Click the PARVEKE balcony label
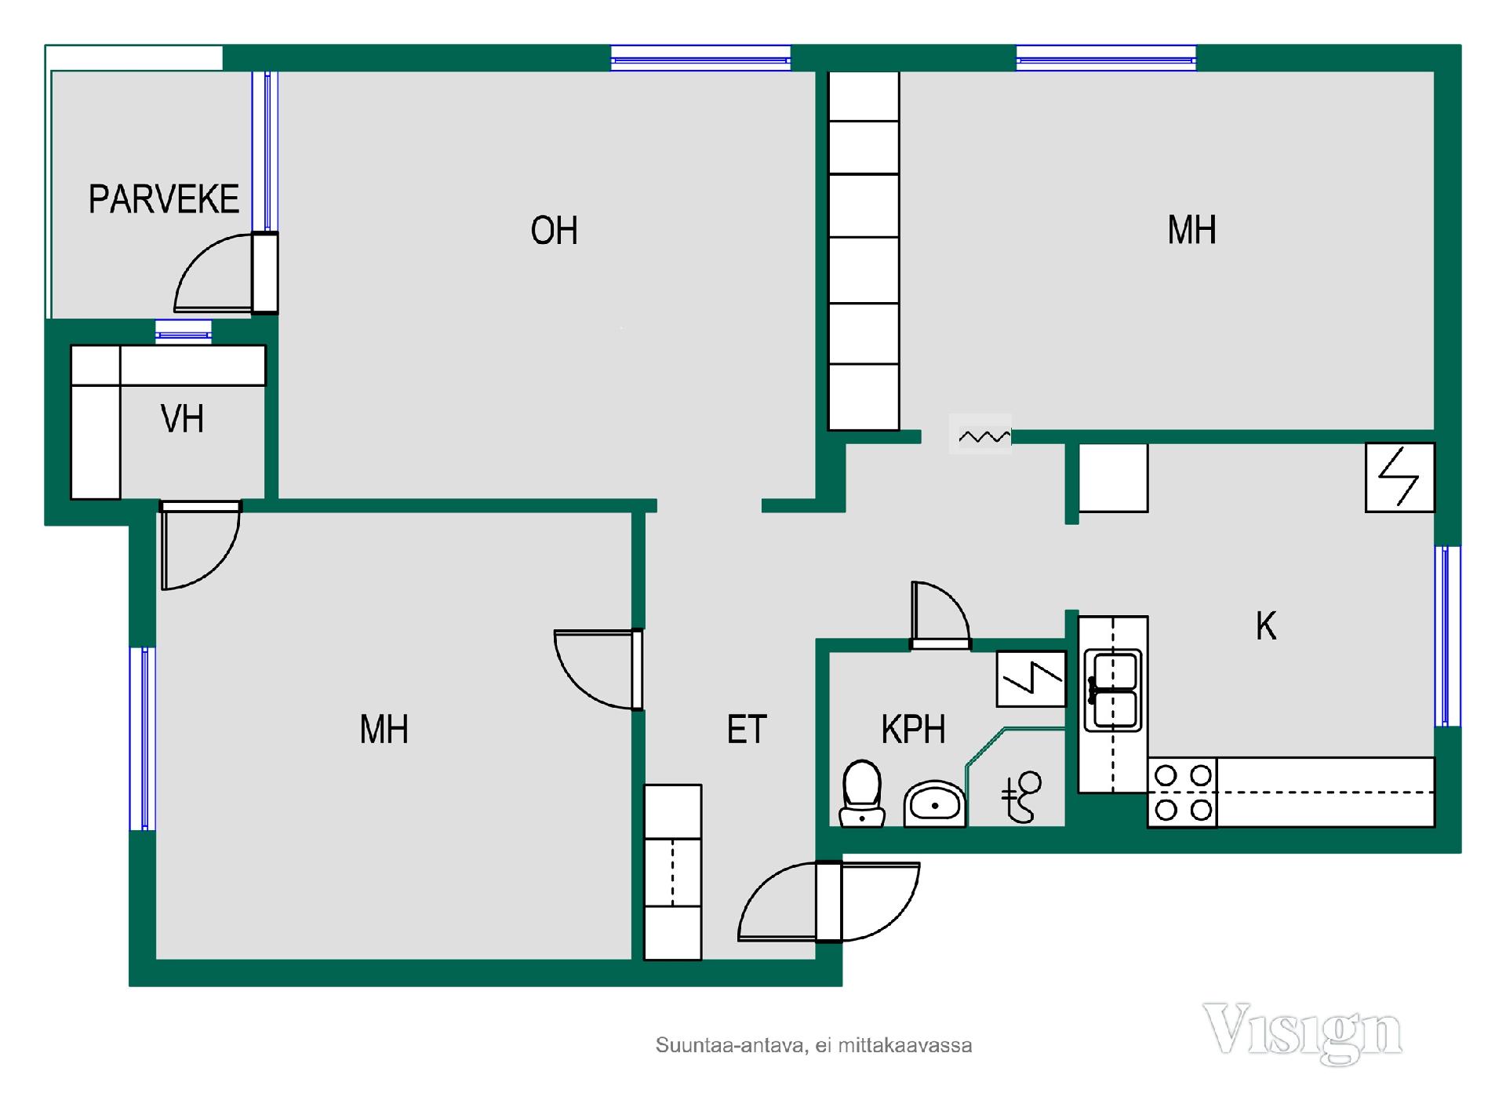point(163,199)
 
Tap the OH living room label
point(554,231)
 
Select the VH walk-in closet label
point(182,419)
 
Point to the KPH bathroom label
point(913,730)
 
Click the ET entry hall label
point(747,730)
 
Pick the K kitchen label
point(1265,626)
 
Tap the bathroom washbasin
point(934,803)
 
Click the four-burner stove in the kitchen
point(1182,793)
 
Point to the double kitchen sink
point(1113,690)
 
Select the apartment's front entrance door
point(828,901)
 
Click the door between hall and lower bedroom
point(598,669)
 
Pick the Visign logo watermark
point(1303,1033)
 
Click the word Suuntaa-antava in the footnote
point(729,1046)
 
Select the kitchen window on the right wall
point(1448,636)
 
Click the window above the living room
point(700,58)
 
